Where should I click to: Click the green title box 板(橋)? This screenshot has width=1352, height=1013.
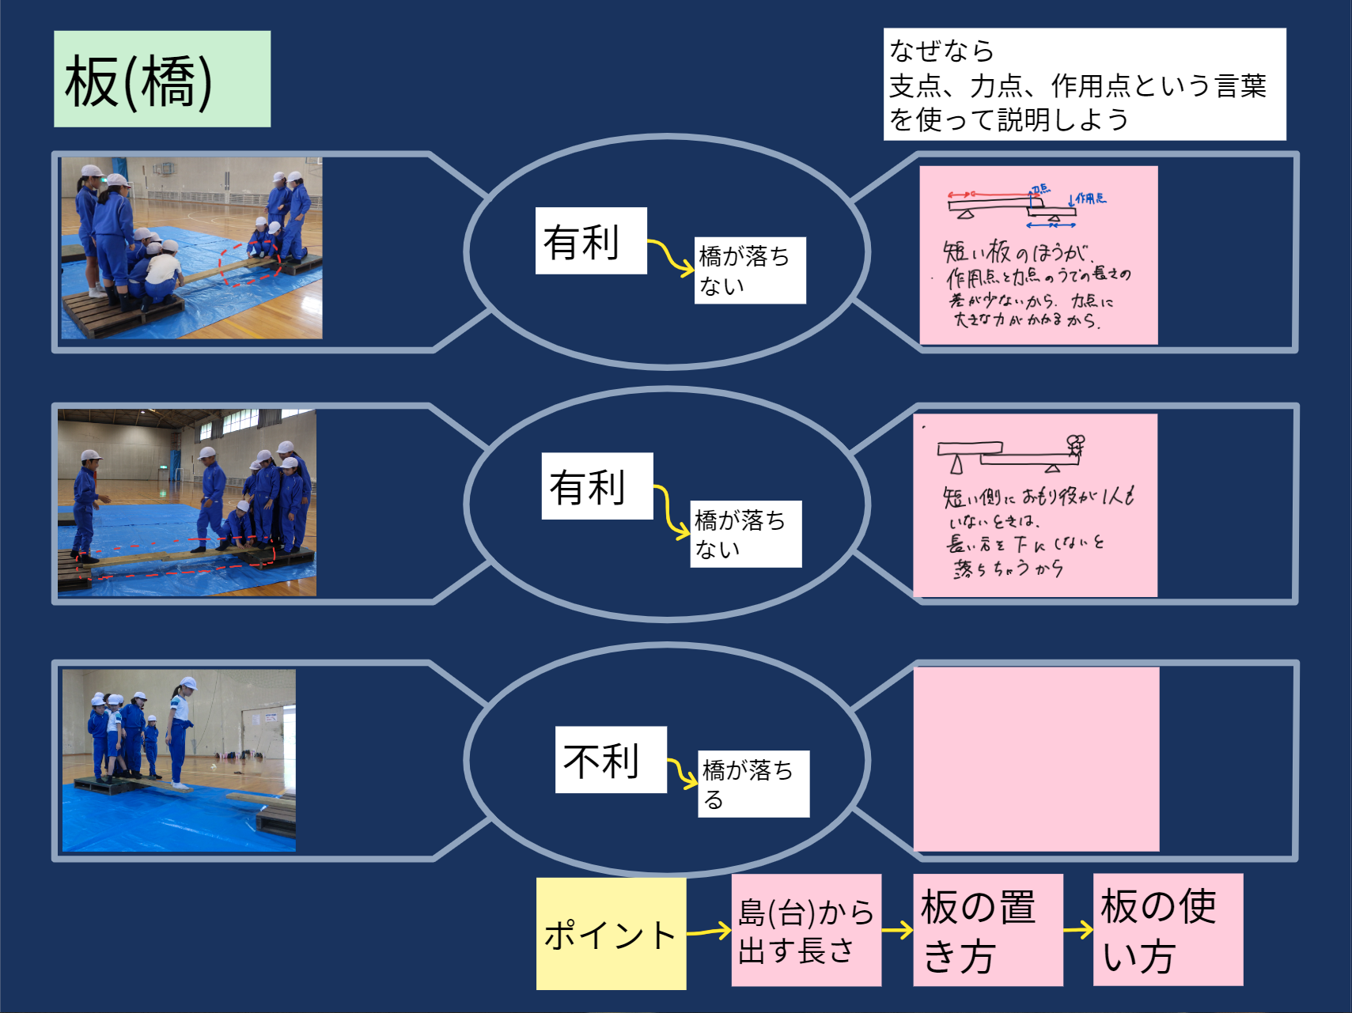[162, 79]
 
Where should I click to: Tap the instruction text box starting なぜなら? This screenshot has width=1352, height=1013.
[1084, 85]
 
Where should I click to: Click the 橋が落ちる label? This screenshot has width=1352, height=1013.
[752, 784]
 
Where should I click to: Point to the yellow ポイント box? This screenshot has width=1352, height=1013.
[611, 934]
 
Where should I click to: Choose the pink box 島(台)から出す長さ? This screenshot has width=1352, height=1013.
[805, 931]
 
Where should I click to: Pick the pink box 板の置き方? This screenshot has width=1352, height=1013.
[987, 930]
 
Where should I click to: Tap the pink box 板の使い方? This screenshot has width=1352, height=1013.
[1168, 930]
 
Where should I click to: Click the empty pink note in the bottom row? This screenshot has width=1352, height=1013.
[1036, 759]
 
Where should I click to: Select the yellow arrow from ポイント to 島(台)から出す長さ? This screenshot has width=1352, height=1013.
[709, 932]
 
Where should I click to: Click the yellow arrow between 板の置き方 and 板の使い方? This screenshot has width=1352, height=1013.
[1078, 930]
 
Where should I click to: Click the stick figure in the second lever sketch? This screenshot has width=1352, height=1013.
[1074, 446]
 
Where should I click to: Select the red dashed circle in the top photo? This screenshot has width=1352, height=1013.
[250, 263]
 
